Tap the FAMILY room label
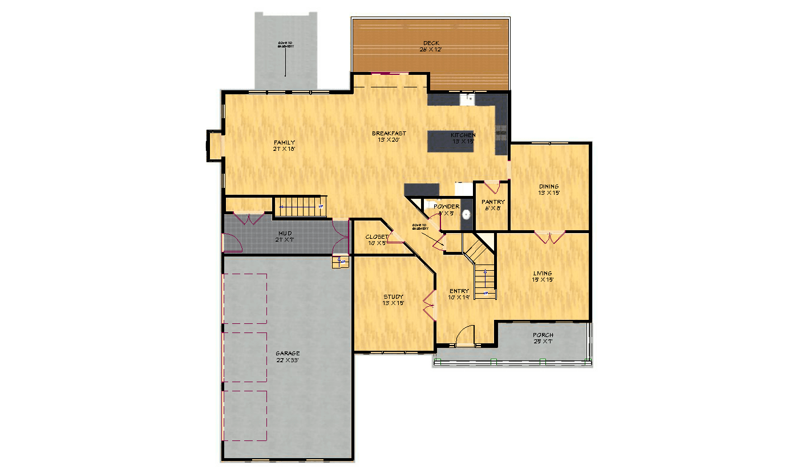point(284,142)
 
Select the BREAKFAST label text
point(389,134)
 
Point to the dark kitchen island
point(450,141)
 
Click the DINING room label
point(549,187)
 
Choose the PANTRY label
point(492,202)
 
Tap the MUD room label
point(285,234)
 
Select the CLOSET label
point(377,237)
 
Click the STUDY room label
point(393,297)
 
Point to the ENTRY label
point(459,291)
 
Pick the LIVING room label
point(543,274)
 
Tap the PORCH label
point(543,335)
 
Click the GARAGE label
point(287,354)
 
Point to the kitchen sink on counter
point(468,98)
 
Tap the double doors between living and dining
point(550,236)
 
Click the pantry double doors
point(492,187)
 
